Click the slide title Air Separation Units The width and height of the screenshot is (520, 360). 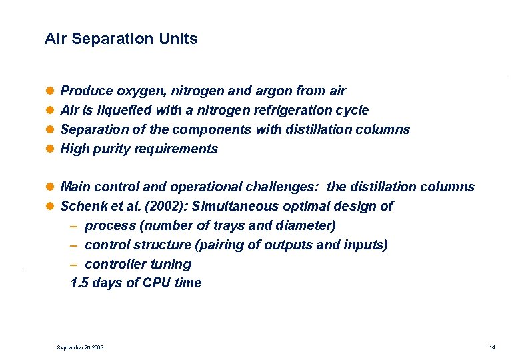coord(121,39)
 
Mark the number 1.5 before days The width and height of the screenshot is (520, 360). coord(79,283)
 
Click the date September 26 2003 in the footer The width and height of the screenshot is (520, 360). coord(80,348)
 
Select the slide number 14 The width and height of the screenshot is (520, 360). coord(492,348)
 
